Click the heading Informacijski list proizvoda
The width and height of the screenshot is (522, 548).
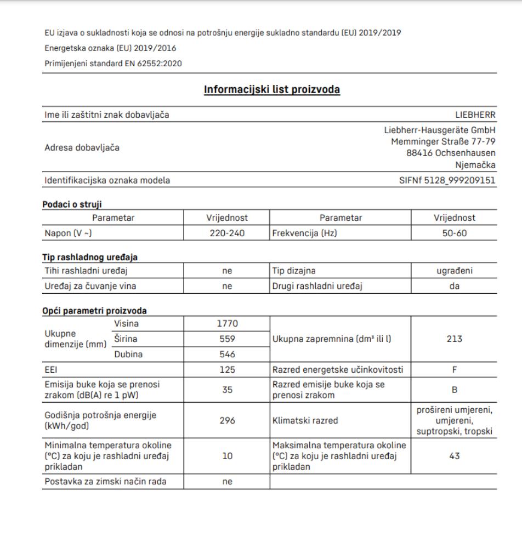pyautogui.click(x=271, y=89)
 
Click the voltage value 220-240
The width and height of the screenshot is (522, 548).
pyautogui.click(x=226, y=232)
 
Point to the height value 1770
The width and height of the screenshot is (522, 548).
pyautogui.click(x=226, y=324)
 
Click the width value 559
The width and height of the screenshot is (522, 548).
pyautogui.click(x=226, y=339)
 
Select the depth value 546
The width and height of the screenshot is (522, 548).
pyautogui.click(x=226, y=354)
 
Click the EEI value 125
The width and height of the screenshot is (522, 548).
pyautogui.click(x=226, y=370)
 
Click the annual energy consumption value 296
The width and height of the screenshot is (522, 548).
pyautogui.click(x=226, y=421)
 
